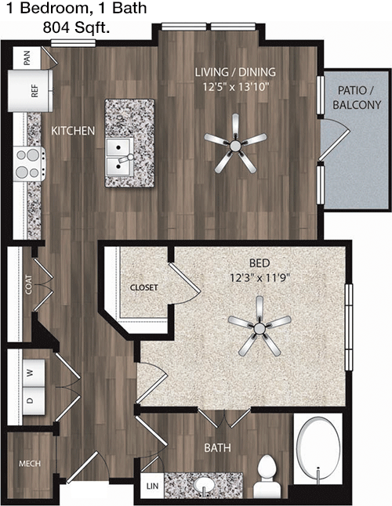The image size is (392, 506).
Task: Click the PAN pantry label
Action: (x=27, y=58)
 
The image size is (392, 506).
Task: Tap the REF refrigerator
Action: (x=30, y=91)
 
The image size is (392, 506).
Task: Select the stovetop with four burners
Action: (x=29, y=164)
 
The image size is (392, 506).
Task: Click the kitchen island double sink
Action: (x=120, y=157)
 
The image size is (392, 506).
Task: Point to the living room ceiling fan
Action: (x=235, y=145)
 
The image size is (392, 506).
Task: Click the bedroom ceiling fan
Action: (x=259, y=327)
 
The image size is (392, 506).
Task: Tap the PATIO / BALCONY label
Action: (x=357, y=97)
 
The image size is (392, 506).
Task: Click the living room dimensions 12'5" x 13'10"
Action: (x=236, y=87)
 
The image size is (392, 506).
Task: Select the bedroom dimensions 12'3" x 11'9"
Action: (x=260, y=277)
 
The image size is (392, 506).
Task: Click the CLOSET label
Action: (x=144, y=287)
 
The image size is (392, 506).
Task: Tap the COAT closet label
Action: (x=28, y=284)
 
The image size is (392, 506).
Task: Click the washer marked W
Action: (x=34, y=373)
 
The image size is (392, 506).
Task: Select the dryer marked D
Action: (x=34, y=401)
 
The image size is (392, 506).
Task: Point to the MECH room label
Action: (x=30, y=464)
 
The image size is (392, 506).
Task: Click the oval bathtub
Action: (x=318, y=449)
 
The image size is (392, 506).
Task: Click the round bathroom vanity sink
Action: (x=204, y=484)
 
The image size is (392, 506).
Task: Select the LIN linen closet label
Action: (x=152, y=486)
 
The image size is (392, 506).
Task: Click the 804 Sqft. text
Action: (x=76, y=28)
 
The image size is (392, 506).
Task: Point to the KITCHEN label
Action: (x=73, y=131)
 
